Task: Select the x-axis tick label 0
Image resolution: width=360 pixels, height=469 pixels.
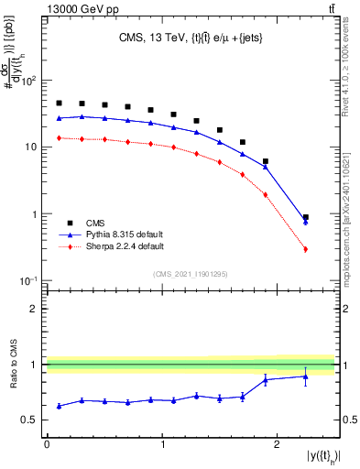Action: [47, 444]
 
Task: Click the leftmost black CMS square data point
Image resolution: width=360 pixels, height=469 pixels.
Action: [59, 104]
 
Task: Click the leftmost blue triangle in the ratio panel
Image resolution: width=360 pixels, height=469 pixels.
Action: [59, 406]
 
